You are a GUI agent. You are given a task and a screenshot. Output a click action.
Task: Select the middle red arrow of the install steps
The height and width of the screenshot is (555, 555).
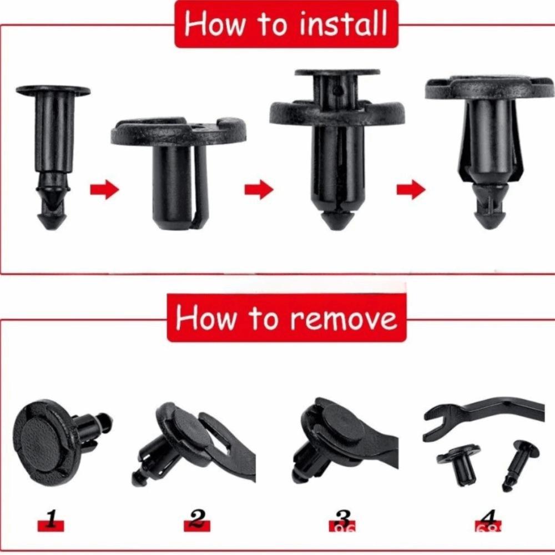[x=259, y=189]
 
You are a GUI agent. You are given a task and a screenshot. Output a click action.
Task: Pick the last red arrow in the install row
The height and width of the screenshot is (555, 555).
[x=411, y=189]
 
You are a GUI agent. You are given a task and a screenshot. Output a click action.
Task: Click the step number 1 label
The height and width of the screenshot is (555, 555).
[x=51, y=520]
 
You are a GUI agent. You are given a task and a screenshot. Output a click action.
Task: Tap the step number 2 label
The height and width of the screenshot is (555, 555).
[x=197, y=520]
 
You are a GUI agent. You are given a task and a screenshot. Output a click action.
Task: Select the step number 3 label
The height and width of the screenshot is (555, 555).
[x=342, y=520]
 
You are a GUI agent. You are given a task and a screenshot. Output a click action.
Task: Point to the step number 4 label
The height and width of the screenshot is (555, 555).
[x=488, y=520]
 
